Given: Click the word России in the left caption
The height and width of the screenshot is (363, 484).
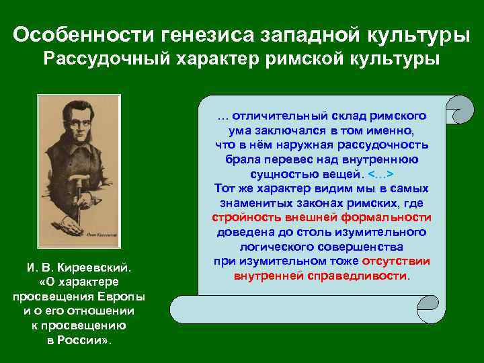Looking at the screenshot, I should click(x=81, y=339).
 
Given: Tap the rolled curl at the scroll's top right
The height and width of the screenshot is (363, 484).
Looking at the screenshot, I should click(x=459, y=108).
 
